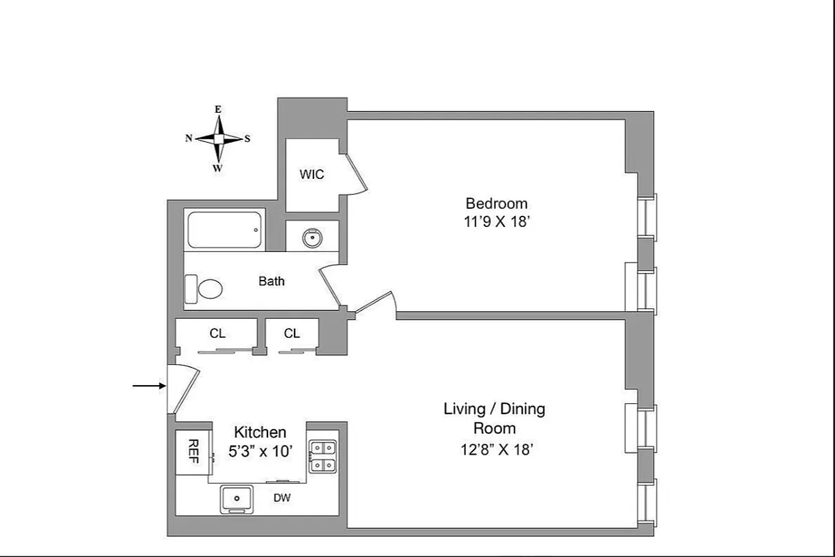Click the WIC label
tap(311, 175)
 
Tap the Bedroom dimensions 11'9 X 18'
tap(497, 222)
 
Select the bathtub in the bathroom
tap(225, 230)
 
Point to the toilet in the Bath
tap(206, 288)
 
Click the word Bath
tap(272, 282)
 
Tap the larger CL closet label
tap(217, 334)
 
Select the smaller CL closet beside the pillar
tap(292, 334)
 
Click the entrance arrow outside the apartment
tap(148, 384)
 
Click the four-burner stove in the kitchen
tap(322, 457)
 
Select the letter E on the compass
tap(218, 109)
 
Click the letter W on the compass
tap(218, 168)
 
